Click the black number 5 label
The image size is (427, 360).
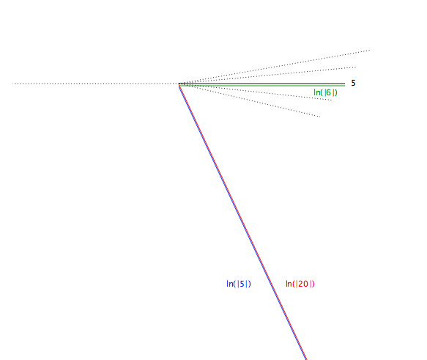point(353,83)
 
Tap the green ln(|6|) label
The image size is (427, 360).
point(325,92)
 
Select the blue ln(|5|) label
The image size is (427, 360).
point(239,284)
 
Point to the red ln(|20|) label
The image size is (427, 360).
point(300,284)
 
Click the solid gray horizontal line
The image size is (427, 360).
point(262,84)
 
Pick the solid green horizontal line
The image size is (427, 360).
point(262,86)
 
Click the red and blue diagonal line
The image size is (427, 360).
point(243,222)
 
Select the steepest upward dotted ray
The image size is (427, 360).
point(275,67)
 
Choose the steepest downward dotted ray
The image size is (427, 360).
point(250,100)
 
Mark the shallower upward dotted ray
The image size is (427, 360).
point(267,76)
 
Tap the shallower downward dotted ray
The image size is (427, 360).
point(256,92)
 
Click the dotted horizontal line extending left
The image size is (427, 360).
point(96,84)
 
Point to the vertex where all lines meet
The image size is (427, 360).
point(179,84)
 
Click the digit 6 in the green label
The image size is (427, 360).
point(328,92)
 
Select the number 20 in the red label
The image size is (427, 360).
point(303,284)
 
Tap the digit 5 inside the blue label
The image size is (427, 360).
point(242,284)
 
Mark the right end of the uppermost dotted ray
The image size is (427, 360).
point(370,50)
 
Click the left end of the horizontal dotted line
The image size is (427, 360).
point(12,84)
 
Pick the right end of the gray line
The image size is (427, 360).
point(345,84)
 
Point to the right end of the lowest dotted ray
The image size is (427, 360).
point(320,117)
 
